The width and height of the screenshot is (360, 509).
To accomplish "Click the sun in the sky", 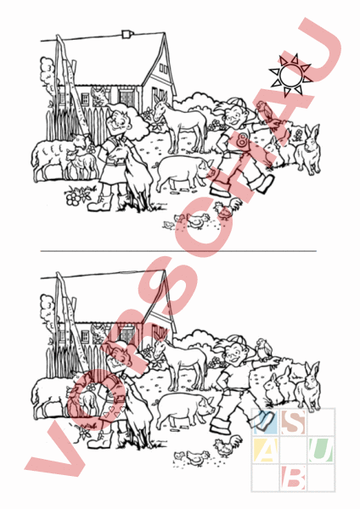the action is [290, 76].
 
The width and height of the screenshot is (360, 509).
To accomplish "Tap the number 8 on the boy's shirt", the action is [242, 140].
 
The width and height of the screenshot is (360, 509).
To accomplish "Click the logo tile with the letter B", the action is [293, 477].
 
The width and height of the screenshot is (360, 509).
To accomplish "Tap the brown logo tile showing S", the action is [293, 422].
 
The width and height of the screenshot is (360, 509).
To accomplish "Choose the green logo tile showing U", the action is [321, 450].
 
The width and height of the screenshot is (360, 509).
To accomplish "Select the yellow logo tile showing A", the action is [266, 450].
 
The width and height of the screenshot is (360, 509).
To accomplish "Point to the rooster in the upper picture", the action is [227, 210].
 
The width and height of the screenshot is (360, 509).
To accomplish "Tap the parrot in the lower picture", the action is [263, 350].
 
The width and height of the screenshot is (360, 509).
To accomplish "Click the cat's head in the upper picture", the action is [98, 95].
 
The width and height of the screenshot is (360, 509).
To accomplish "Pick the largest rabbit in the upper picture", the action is [309, 150].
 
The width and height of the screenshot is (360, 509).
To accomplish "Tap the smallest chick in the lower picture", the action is [177, 456].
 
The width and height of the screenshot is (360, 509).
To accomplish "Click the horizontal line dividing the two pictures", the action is [178, 251].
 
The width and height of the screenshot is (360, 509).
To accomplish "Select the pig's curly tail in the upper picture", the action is [155, 165].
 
